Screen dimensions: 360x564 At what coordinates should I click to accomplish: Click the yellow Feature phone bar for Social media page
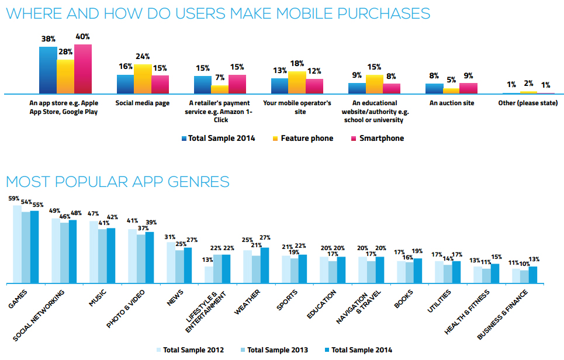tap(143, 79)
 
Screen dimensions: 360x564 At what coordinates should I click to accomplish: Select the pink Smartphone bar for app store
tap(83, 69)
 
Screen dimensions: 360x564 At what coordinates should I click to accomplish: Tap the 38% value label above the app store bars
tap(48, 39)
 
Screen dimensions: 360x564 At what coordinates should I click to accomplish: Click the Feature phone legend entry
tap(302, 139)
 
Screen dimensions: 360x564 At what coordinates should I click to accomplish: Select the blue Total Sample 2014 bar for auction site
tap(434, 89)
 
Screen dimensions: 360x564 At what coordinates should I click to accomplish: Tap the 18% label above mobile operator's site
tap(297, 63)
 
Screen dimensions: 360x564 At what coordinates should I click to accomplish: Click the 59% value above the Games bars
tap(14, 198)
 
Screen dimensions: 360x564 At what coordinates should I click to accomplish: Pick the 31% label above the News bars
tap(170, 236)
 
